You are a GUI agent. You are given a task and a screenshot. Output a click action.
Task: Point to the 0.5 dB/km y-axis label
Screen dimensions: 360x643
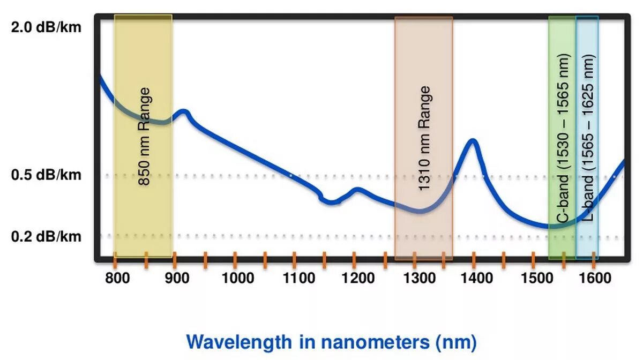[46, 175]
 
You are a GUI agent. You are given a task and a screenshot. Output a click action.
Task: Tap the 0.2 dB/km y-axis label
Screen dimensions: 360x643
[46, 236]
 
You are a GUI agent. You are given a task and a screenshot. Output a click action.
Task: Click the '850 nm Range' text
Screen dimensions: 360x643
[145, 137]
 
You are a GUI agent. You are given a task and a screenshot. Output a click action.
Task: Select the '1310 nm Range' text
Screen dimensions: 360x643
[424, 138]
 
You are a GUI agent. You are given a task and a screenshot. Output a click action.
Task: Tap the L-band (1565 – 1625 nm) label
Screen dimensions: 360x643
[588, 138]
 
